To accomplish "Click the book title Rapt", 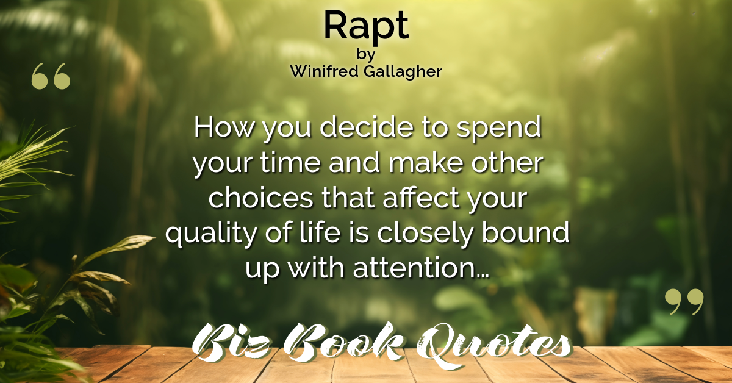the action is coord(367,27).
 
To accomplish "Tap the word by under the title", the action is coord(366,54).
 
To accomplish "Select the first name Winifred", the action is coord(324,71).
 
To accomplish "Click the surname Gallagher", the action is coord(403,72).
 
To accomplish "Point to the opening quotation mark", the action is coord(51,76).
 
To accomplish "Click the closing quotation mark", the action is coord(684,301).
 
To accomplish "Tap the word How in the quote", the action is coord(224,127).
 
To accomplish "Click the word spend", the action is coord(499,129).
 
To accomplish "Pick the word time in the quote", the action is coord(290,162).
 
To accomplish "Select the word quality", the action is coord(212,234).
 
